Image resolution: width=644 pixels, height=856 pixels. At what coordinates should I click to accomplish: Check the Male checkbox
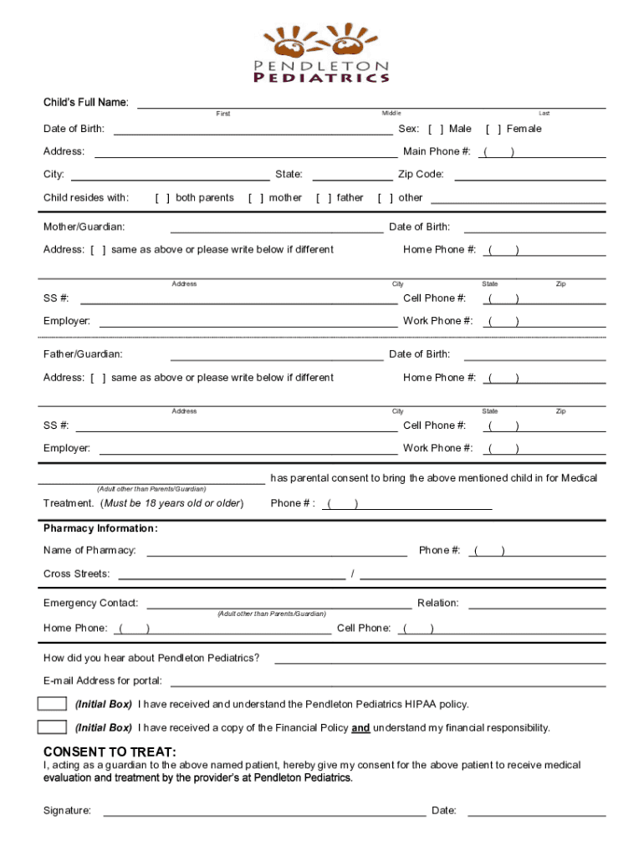(436, 129)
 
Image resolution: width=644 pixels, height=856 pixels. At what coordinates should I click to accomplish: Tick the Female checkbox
(493, 129)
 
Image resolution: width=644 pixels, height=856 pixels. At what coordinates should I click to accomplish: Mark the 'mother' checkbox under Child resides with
(255, 198)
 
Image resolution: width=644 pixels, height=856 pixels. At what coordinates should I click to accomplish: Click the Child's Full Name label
(86, 103)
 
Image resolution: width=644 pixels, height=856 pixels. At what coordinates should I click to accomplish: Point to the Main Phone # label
(437, 151)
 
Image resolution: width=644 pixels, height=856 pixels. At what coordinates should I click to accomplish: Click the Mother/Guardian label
(84, 227)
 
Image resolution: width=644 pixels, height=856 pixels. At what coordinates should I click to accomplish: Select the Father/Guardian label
(83, 354)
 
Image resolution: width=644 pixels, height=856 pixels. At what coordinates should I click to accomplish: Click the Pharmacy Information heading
(100, 528)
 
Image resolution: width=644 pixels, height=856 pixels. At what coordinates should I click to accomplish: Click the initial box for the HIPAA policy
(52, 704)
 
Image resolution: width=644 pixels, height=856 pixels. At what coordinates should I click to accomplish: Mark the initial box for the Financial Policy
(52, 727)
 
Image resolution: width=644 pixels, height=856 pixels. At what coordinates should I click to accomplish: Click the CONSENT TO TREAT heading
(110, 752)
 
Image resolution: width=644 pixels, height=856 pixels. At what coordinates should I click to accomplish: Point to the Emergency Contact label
(90, 603)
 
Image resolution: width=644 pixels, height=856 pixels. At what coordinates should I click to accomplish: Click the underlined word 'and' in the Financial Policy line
(360, 728)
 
